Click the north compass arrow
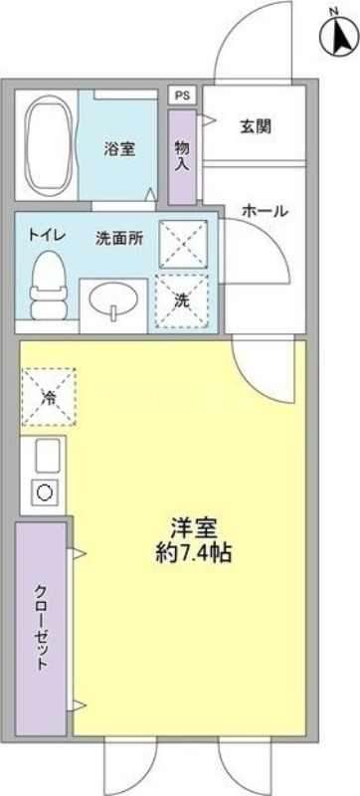point(339,37)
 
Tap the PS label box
point(181,96)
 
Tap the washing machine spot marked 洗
point(181,299)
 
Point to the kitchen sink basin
point(44,457)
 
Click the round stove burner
point(44,493)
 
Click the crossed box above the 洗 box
point(181,242)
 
